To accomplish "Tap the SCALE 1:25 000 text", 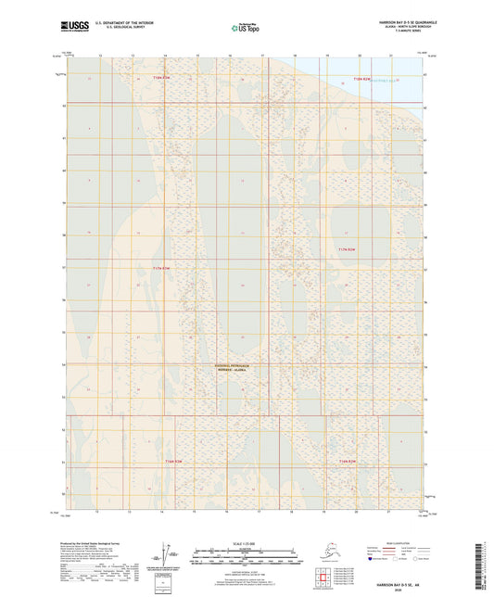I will click(246, 541).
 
